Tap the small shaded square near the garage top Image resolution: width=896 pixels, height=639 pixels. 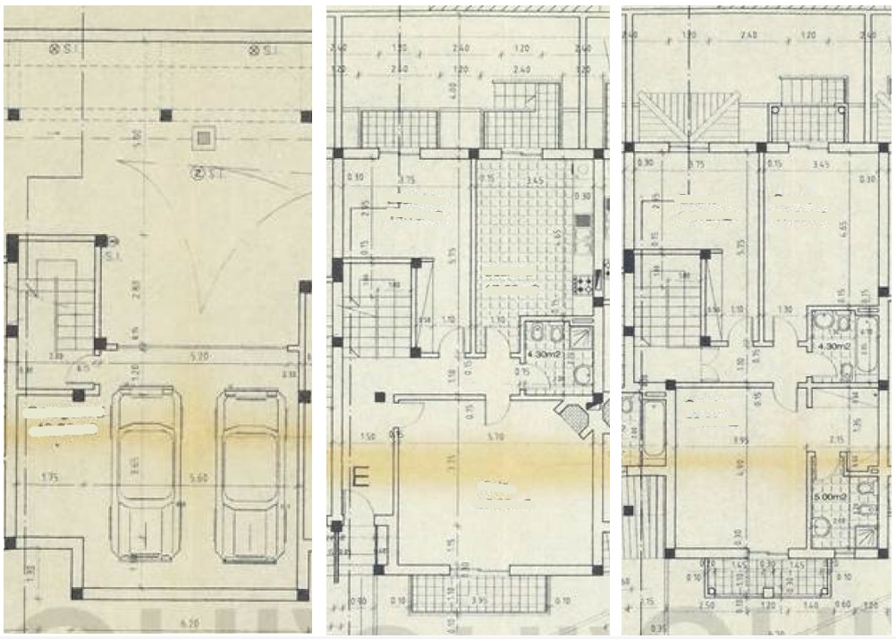click(205, 138)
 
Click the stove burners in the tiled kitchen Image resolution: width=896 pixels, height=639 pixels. click(582, 285)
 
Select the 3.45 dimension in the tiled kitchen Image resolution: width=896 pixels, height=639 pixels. click(536, 181)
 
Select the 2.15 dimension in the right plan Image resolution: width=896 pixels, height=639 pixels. click(837, 440)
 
